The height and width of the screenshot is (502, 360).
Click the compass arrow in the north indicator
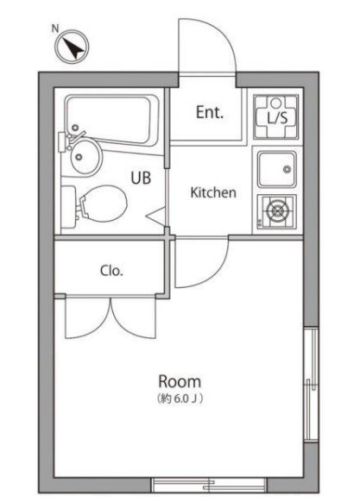[x=73, y=48]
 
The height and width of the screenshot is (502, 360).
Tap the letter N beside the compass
[x=55, y=28]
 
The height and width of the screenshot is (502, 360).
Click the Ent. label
[x=210, y=112]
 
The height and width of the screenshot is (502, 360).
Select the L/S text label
[x=278, y=118]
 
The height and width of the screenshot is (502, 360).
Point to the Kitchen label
[x=213, y=192]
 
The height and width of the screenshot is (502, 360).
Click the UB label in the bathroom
[x=141, y=178]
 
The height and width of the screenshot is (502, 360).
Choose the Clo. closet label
[x=111, y=271]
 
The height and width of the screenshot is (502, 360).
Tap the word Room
[x=180, y=381]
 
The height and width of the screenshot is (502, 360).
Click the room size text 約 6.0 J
[x=180, y=398]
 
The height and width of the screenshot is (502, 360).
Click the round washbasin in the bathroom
[x=86, y=157]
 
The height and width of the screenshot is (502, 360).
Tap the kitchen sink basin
[x=277, y=169]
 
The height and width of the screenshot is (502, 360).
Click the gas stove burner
[x=276, y=211]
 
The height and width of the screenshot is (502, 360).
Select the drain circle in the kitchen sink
[x=287, y=169]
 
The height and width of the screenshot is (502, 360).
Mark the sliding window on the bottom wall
[x=209, y=485]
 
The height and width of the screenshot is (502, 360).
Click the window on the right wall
[x=311, y=384]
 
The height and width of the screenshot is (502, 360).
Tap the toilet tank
[x=68, y=207]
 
